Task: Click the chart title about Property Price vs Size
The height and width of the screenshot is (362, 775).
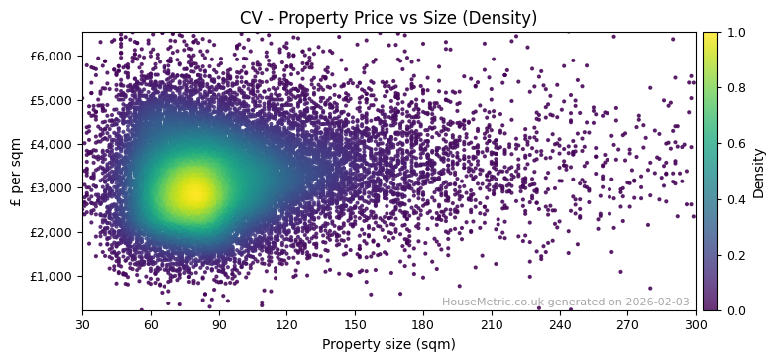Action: tap(388, 18)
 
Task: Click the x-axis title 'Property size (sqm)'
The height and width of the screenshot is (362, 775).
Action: tap(388, 345)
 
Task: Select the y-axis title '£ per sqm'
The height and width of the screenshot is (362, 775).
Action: tap(16, 172)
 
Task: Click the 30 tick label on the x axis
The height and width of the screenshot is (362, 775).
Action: tap(82, 323)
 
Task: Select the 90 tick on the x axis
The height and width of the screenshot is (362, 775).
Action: tap(219, 323)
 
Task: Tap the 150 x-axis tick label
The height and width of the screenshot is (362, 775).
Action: tap(355, 323)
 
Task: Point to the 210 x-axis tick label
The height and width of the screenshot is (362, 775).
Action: tap(492, 323)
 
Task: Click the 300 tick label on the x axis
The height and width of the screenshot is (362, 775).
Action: tap(696, 323)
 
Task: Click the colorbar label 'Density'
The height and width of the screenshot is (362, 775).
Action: tap(759, 172)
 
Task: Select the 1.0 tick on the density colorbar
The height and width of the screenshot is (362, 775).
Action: tap(736, 32)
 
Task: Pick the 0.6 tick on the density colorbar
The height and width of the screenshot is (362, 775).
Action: tap(736, 144)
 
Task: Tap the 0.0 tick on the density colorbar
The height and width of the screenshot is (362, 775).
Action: tap(736, 310)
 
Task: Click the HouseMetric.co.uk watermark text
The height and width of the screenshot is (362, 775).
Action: tap(565, 302)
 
